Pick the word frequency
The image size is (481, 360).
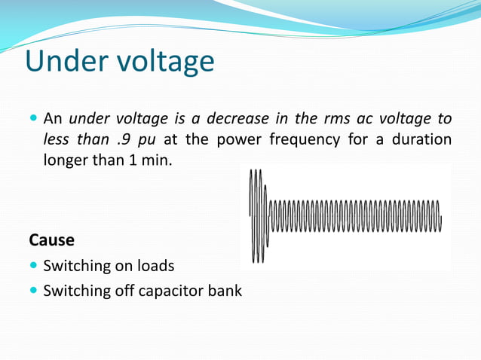point(307,140)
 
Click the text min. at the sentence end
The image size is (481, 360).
point(157,160)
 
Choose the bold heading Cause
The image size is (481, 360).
point(51,240)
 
